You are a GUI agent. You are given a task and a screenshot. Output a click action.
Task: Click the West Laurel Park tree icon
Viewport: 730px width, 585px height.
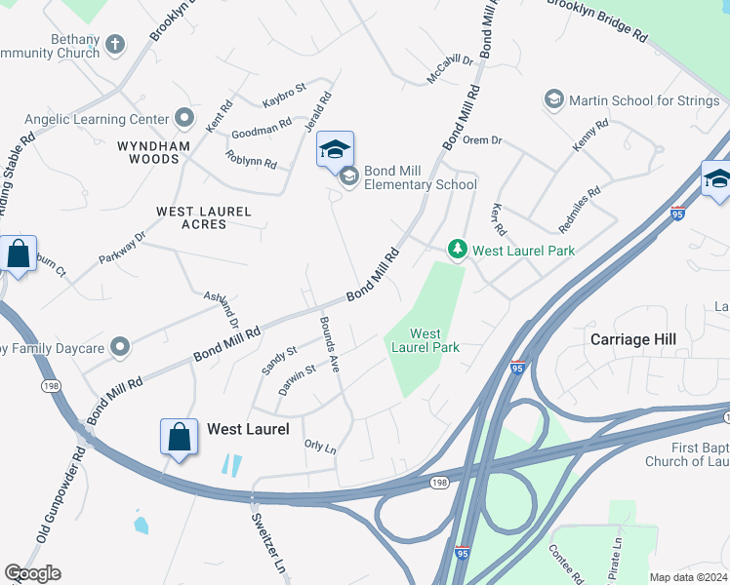457,250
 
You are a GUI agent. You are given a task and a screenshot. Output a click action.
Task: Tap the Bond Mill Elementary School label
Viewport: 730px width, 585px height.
421,177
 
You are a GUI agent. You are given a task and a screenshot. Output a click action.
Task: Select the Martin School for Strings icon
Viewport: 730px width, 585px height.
554,99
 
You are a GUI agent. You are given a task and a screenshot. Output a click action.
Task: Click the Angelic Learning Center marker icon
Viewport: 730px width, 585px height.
183,119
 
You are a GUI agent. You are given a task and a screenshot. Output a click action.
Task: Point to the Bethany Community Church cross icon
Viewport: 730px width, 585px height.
115,45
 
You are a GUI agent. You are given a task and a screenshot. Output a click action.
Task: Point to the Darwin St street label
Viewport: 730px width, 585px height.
297,379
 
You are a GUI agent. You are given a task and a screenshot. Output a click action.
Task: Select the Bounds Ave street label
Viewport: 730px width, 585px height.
328,343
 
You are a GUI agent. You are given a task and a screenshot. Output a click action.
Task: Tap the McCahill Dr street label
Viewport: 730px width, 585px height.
450,66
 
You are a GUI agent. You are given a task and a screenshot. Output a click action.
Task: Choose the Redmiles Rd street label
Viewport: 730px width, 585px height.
581,211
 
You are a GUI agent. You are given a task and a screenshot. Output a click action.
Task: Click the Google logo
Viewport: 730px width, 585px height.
32,573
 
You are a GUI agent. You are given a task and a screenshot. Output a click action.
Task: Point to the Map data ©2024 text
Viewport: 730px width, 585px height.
687,577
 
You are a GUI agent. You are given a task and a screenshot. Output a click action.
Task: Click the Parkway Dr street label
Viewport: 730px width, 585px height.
122,249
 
